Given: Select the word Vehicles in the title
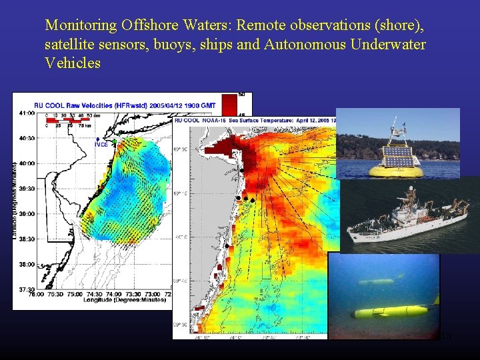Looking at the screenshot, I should pos(73,63).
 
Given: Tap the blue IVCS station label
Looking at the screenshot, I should pos(101,143).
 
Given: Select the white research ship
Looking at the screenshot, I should pos(407,217).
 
